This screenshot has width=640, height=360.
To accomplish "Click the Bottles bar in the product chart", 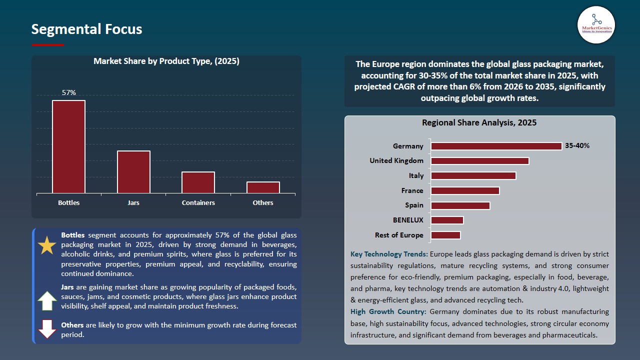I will pos(68,147).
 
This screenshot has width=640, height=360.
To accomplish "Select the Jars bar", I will pos(133,172).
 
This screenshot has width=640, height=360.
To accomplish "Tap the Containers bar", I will pos(198,182).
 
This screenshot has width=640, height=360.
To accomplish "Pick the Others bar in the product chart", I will pos(263,187).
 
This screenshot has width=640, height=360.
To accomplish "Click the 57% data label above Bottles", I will pos(68,92).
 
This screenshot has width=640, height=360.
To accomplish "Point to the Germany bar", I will pos(496,146).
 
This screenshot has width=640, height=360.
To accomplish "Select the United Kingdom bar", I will pos(479,161).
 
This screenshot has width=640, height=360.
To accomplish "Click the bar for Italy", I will pos(473,176).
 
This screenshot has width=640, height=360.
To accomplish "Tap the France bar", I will pos(465,190).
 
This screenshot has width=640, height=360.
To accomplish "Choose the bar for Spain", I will pos(460,205).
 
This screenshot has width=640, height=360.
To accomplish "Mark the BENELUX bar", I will pos(447,220).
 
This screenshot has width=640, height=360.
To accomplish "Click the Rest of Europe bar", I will pos(445,235).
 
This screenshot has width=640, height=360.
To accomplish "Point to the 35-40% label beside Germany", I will pos(577,146).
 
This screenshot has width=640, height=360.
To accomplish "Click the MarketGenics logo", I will pos(596,24).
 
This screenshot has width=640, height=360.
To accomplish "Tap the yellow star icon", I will pos(47,246).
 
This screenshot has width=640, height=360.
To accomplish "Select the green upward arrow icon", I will pos(47,301).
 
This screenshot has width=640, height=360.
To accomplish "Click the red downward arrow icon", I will pos(47,328).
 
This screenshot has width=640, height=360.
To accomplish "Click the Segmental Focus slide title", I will pos(86,29).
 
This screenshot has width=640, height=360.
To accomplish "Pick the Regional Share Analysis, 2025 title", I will pos(479,122).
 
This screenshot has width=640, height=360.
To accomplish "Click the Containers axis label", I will pos(198,202).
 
